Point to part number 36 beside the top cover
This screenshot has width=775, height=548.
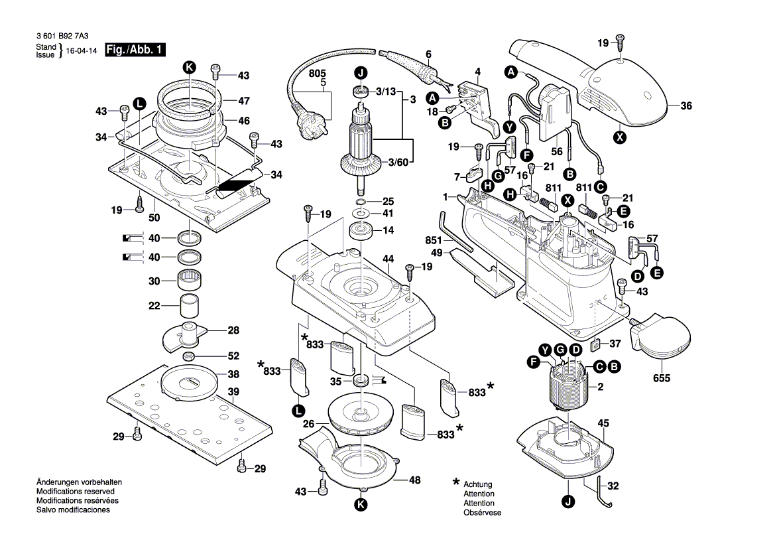(x=686, y=105)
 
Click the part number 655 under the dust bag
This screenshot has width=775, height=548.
(x=661, y=378)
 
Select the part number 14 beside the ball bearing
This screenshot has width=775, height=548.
(x=387, y=230)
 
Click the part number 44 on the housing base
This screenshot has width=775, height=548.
(x=388, y=258)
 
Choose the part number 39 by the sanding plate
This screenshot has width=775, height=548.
(x=233, y=392)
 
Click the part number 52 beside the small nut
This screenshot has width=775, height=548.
(x=233, y=356)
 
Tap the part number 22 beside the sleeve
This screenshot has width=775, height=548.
(x=154, y=306)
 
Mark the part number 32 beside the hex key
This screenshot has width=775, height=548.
(x=613, y=486)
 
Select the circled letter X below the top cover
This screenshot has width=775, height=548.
(x=620, y=138)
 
